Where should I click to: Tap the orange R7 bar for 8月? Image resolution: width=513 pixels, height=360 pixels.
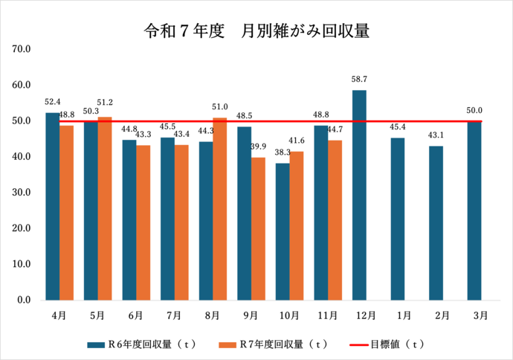(x=220, y=209)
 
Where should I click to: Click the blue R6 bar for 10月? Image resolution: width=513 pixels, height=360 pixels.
(x=283, y=231)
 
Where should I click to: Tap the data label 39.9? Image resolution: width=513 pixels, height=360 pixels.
(x=258, y=146)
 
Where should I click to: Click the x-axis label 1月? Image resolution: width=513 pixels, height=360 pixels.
(x=403, y=315)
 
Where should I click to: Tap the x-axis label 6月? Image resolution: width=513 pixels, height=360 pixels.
(x=136, y=315)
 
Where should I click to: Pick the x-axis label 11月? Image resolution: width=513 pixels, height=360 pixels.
(x=327, y=315)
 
